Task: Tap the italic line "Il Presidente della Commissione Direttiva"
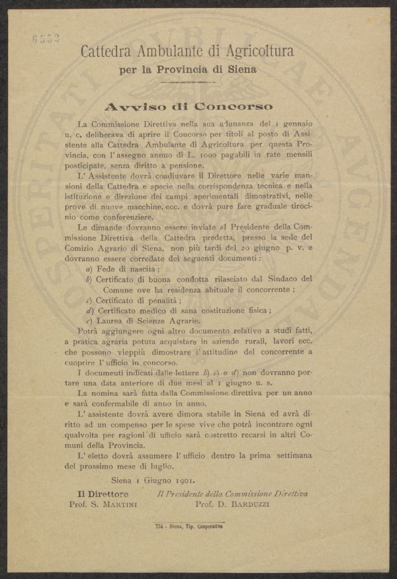pyautogui.click(x=232, y=493)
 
